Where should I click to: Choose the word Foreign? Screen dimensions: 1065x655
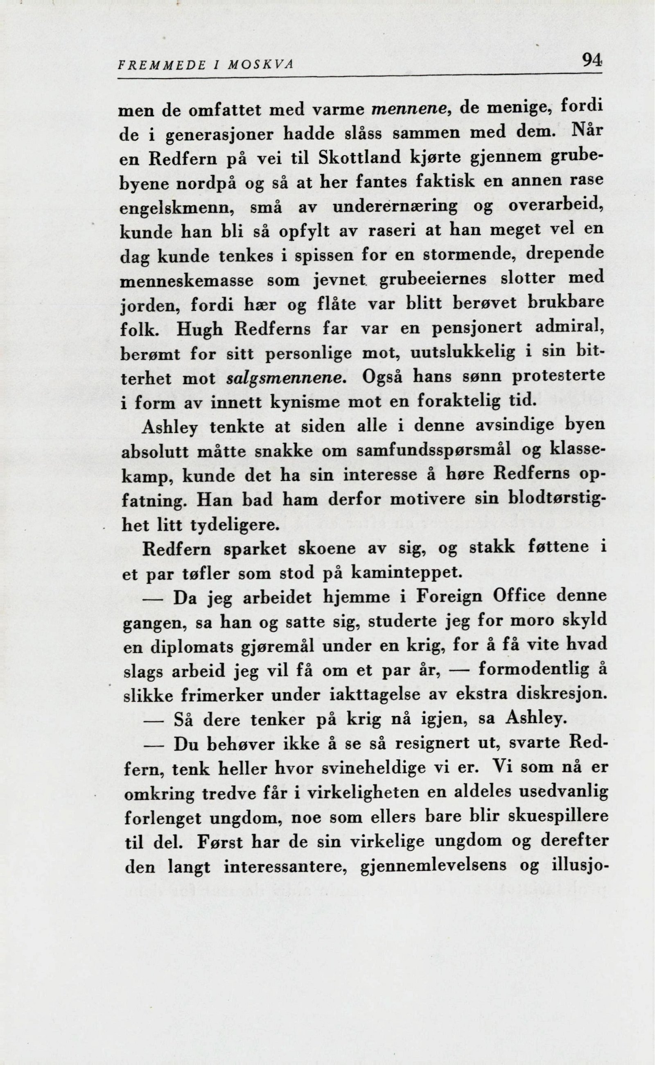[449, 597]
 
